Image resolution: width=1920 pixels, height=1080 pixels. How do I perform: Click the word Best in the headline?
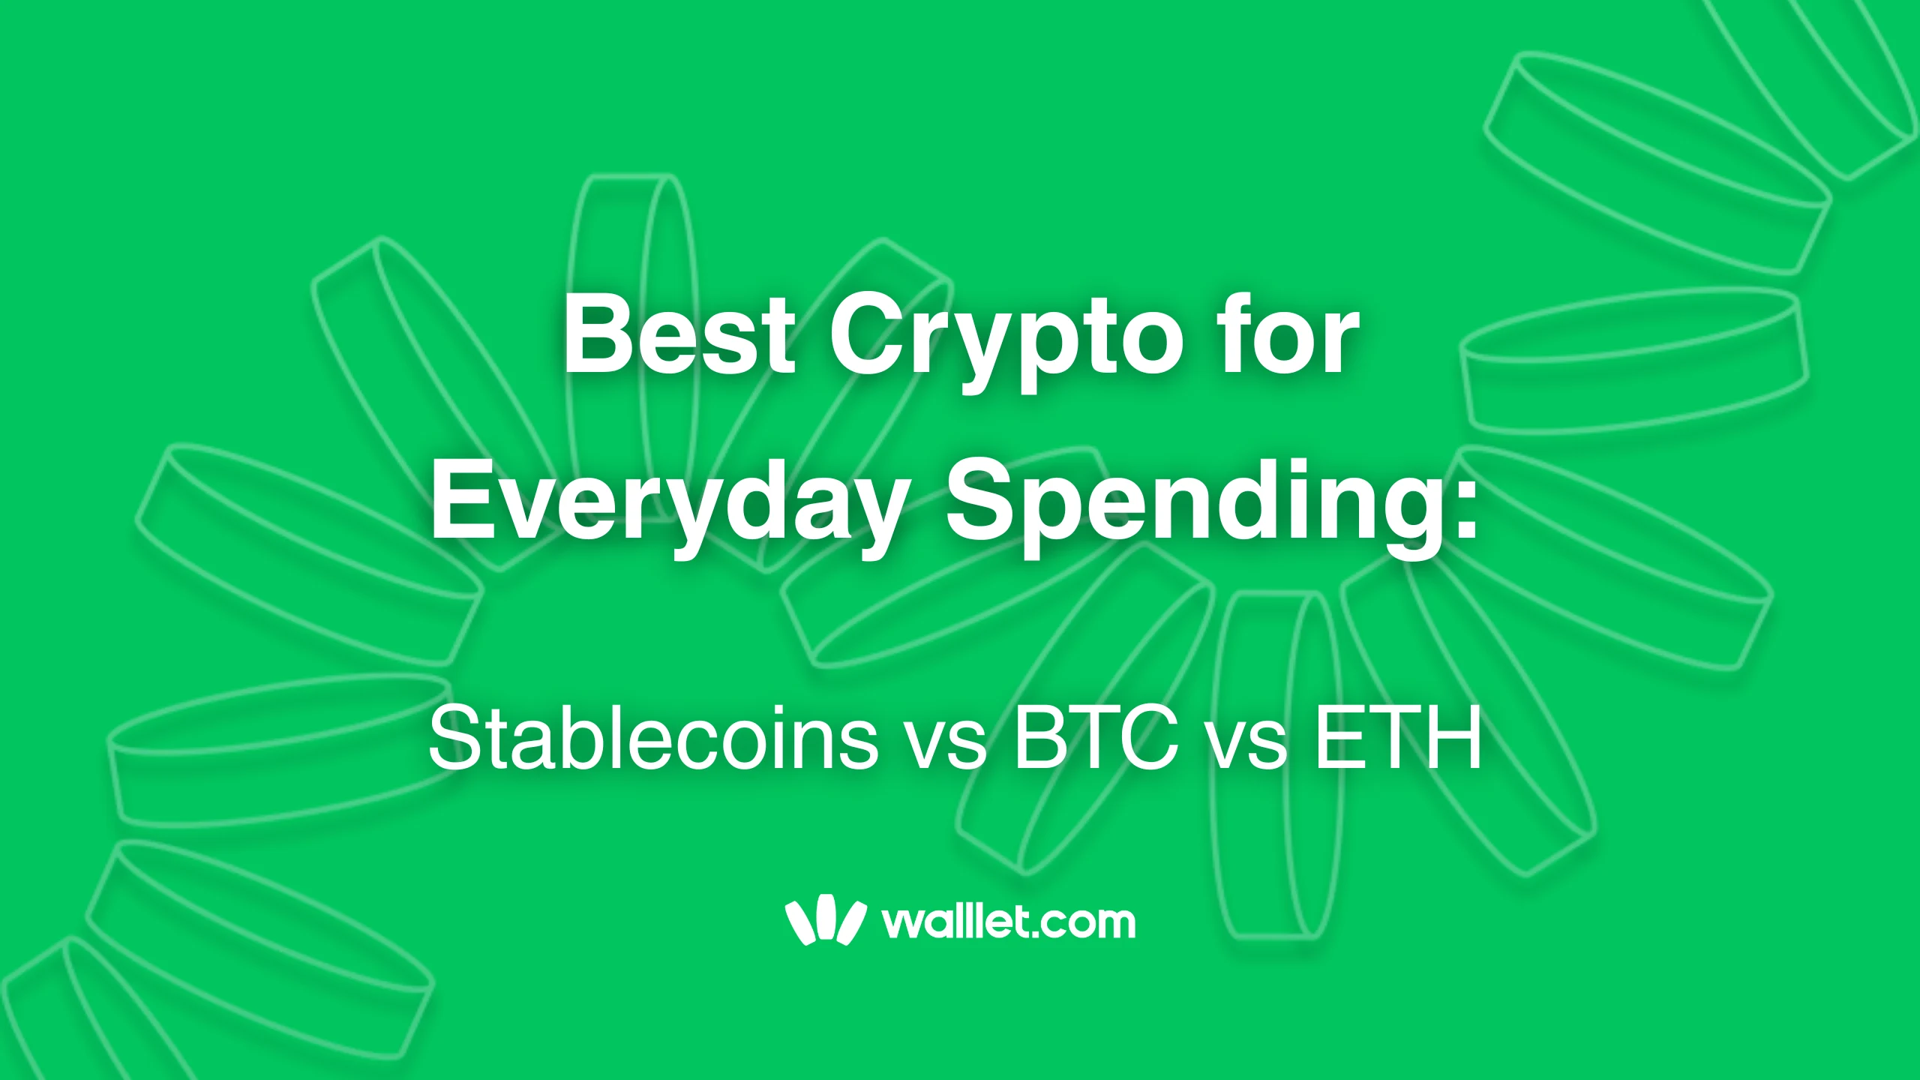tap(679, 335)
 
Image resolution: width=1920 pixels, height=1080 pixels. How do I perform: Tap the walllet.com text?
tap(1009, 921)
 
